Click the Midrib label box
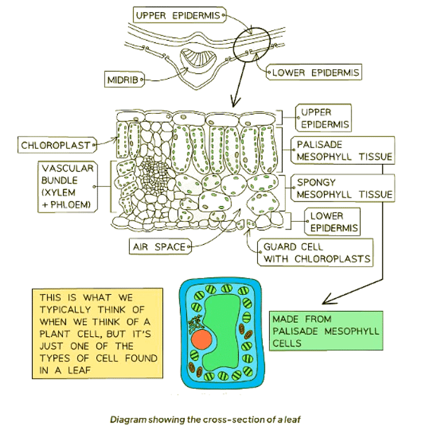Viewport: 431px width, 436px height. [x=121, y=79]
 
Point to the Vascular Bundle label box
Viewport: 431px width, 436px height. [x=67, y=186]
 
